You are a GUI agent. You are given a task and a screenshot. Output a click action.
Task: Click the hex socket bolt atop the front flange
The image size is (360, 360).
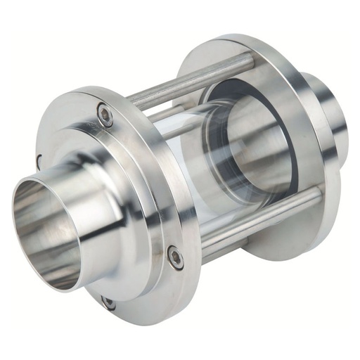[x=105, y=115]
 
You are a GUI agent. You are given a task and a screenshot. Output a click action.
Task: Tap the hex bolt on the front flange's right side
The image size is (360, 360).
[x=175, y=257]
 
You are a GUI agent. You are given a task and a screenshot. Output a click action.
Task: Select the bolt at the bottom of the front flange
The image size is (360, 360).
[x=108, y=302]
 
